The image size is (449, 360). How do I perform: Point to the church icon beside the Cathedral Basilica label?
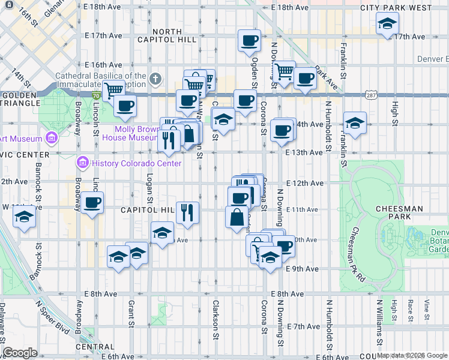point(155,79)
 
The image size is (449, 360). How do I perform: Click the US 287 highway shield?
point(372,95)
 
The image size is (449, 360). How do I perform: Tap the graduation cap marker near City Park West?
point(387,25)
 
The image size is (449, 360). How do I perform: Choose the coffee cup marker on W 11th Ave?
point(92,203)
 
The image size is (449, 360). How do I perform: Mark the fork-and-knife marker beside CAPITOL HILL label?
point(187,211)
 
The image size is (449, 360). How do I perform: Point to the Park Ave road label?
point(324,77)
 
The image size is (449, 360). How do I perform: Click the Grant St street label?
point(131,314)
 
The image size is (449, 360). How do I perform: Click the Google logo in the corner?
point(20,353)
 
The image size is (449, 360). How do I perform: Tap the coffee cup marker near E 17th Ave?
point(249,41)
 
